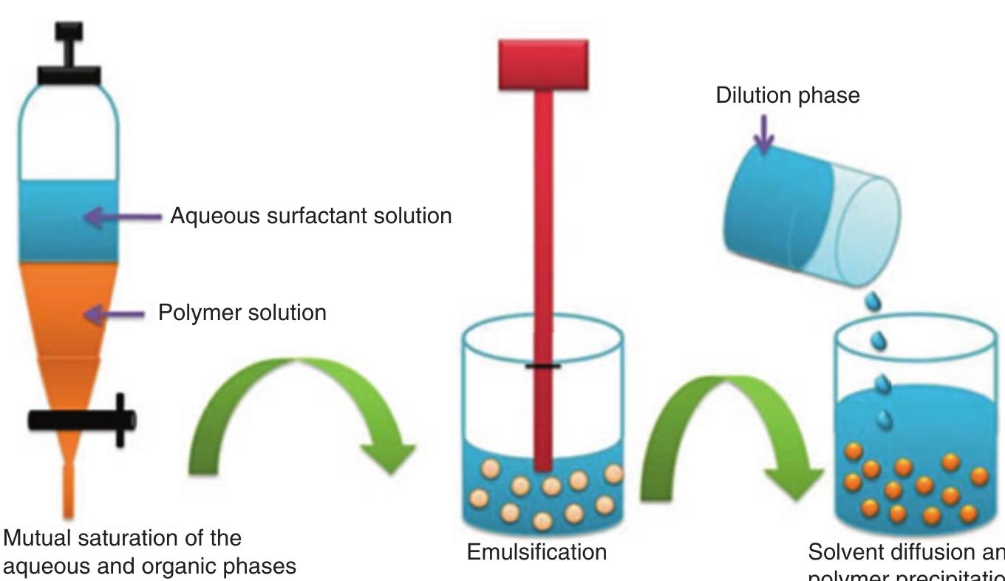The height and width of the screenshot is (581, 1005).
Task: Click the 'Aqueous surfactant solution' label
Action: [x=310, y=217]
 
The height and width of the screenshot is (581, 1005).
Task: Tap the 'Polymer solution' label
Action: [x=242, y=313]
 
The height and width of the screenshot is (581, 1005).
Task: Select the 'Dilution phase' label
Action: [x=788, y=97]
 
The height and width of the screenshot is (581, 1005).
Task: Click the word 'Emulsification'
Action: [x=536, y=551]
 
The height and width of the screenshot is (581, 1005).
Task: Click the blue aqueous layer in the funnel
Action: [x=68, y=221]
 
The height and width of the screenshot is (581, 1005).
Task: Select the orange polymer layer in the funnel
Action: [x=68, y=310]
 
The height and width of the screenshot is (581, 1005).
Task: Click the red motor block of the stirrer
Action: [x=543, y=64]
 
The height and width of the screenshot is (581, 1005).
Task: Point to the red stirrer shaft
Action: [x=544, y=259]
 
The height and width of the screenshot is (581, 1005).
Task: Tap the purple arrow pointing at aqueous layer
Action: [x=122, y=217]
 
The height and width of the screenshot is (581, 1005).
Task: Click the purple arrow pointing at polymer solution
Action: [x=115, y=315]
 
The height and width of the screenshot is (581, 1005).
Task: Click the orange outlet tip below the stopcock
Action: [x=68, y=492]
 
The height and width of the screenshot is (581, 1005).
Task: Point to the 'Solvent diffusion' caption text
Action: [x=905, y=552]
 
